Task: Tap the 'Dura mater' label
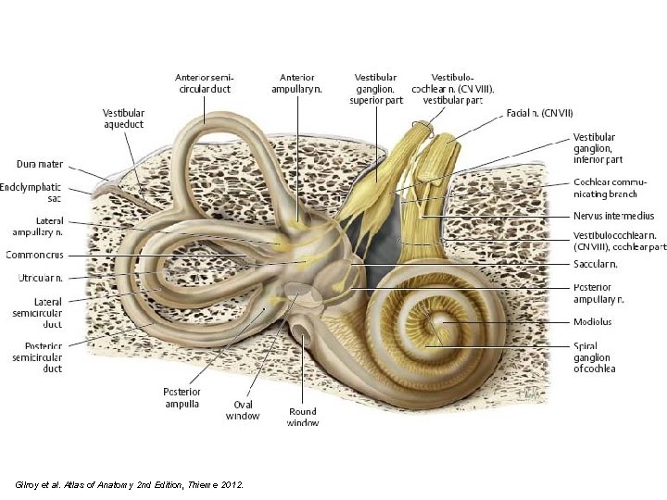(40, 164)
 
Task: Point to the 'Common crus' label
(34, 255)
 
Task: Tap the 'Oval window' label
(242, 409)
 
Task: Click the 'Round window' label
(303, 417)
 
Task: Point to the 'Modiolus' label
(592, 322)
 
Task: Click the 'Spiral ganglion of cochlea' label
(594, 356)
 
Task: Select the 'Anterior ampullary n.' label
(297, 82)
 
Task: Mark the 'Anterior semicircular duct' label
(204, 82)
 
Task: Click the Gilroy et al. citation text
(130, 483)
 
